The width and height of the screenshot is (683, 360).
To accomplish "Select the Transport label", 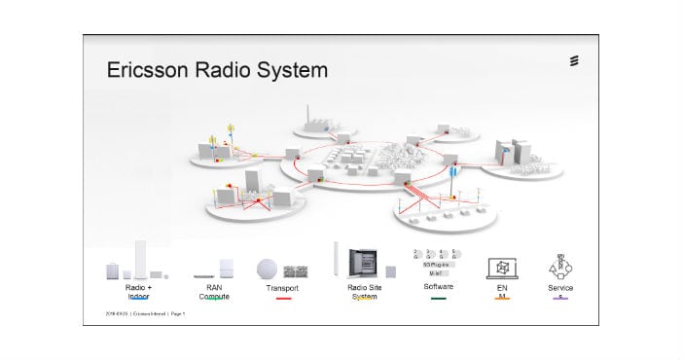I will point(282,289).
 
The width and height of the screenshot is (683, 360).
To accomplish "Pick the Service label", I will point(560,288).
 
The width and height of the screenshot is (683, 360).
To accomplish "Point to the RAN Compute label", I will point(214,292).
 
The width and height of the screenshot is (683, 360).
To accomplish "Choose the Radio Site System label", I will point(362,292).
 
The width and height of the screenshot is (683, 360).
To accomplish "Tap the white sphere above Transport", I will point(268,270).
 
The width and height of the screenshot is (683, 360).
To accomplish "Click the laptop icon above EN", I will point(502,270).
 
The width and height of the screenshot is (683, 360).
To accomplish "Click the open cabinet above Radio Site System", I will point(368,263).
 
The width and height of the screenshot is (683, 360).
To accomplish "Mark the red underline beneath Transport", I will point(283,299).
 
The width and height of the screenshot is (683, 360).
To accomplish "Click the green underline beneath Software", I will point(439,298).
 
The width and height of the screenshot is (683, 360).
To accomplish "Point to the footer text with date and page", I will point(145,314).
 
